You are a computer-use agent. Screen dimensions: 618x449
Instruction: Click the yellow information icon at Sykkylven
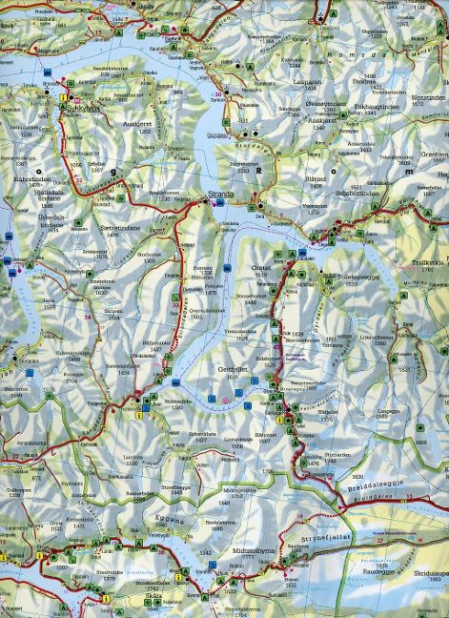[63, 97]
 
